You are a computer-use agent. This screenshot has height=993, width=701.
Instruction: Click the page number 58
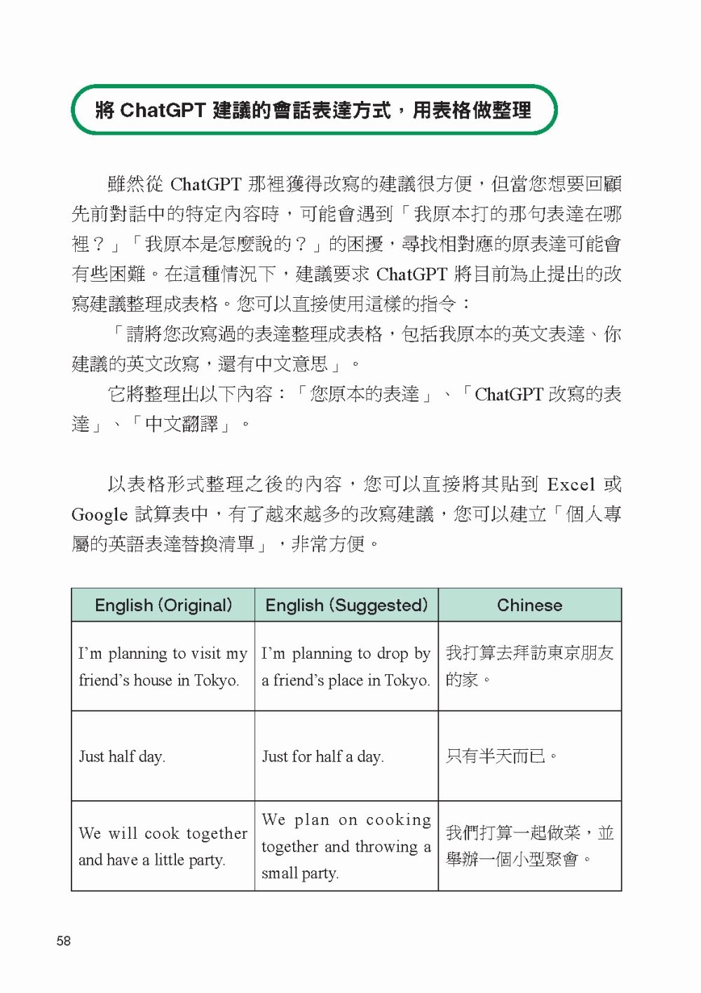(64, 941)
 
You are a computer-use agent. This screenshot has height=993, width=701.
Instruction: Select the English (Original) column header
(163, 605)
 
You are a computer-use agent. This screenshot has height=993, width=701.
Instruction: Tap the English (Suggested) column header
(346, 605)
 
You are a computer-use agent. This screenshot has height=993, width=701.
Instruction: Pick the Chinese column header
(529, 605)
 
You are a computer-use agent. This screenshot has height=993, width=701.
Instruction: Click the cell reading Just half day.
(122, 757)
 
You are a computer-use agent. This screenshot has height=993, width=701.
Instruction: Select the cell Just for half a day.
(323, 757)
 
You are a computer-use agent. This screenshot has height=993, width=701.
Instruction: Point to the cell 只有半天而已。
(502, 756)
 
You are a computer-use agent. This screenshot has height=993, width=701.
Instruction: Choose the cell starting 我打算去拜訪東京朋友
(529, 666)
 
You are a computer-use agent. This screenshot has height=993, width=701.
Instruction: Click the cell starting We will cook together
(163, 847)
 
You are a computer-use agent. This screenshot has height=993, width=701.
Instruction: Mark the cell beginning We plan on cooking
(346, 847)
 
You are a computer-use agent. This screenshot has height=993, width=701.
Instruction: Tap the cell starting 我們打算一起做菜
(529, 846)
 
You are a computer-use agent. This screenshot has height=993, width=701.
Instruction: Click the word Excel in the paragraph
(571, 485)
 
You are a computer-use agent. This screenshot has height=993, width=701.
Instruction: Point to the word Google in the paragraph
(99, 515)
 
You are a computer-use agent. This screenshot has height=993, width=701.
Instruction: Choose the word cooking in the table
(398, 820)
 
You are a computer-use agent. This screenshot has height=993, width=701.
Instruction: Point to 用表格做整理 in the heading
(472, 111)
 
